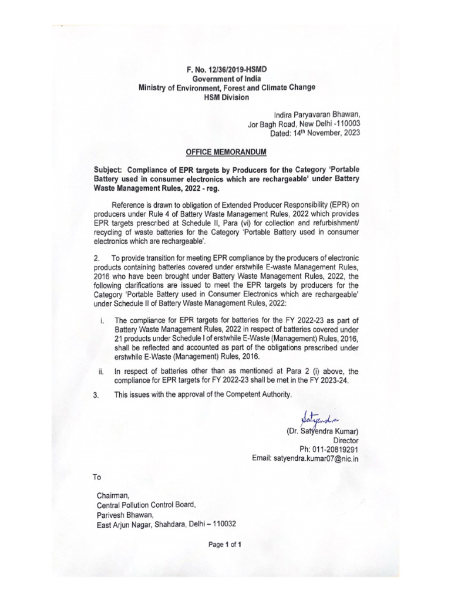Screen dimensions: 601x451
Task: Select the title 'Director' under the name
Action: (345, 441)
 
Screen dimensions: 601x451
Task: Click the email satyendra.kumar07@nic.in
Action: (315, 460)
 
